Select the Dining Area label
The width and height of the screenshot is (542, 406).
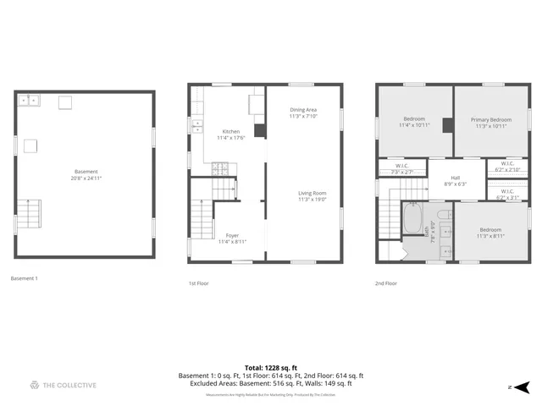(x=303, y=112)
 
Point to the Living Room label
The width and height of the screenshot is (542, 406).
(x=312, y=196)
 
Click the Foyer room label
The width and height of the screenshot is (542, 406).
(x=231, y=239)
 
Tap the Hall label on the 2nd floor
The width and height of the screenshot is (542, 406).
(x=456, y=180)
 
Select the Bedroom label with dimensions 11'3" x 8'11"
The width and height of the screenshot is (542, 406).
(x=489, y=233)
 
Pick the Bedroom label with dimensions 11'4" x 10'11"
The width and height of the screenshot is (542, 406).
(x=414, y=122)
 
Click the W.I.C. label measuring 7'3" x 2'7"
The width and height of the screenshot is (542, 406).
(x=402, y=168)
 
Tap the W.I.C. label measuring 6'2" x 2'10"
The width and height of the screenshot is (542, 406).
(x=507, y=167)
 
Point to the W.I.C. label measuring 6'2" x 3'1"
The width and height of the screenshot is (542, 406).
(x=507, y=194)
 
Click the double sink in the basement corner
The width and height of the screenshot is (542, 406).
(x=32, y=101)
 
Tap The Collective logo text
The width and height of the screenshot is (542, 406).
(x=69, y=385)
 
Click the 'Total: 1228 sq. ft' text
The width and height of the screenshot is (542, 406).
(x=270, y=367)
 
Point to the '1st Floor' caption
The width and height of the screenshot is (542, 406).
(x=198, y=283)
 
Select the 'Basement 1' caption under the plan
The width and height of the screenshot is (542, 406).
(x=24, y=278)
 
